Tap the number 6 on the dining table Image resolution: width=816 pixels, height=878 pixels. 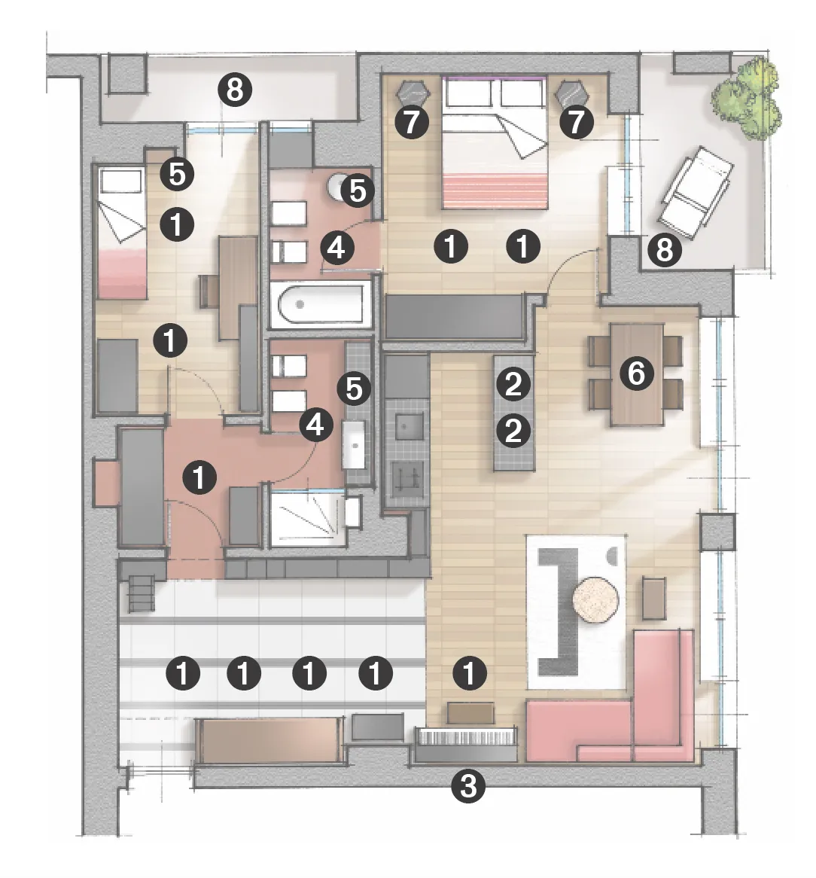click(x=636, y=373)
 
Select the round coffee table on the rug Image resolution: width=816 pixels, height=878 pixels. click(x=595, y=599)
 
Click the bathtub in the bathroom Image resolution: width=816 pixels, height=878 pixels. click(x=320, y=305)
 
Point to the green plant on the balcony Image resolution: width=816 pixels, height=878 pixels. click(x=746, y=99)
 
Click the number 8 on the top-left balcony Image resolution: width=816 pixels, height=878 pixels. click(x=235, y=89)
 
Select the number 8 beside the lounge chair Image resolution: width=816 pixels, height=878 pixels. click(x=665, y=250)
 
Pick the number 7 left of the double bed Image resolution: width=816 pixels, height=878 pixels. click(x=412, y=122)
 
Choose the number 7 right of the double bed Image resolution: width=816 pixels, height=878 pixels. click(x=576, y=122)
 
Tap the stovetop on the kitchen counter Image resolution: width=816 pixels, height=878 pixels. click(x=408, y=480)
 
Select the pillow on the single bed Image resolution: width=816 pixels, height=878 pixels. click(x=120, y=181)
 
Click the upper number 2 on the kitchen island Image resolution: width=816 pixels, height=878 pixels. click(x=513, y=383)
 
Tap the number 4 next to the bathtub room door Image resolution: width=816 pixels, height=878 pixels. click(x=336, y=247)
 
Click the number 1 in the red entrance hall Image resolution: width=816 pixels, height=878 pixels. click(x=199, y=477)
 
